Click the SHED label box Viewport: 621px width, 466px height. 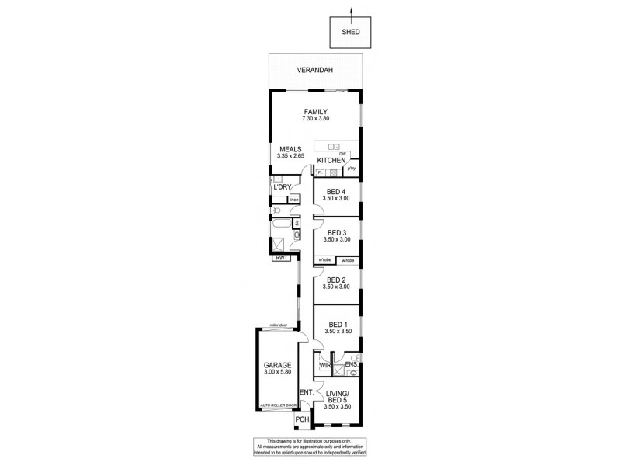tap(352, 33)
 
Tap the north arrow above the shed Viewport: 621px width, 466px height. tap(352, 10)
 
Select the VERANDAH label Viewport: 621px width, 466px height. tap(315, 71)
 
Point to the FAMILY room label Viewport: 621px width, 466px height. tap(315, 111)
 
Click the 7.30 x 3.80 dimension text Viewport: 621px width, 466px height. tap(315, 120)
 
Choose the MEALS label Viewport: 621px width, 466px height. tap(291, 149)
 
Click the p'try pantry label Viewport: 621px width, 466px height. tap(351, 169)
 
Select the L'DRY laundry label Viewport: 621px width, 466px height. tap(280, 189)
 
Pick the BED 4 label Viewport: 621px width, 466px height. tap(336, 191)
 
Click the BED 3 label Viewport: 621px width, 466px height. tap(336, 232)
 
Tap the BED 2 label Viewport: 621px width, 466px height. tap(336, 280)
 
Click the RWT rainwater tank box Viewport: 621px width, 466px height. tap(280, 259)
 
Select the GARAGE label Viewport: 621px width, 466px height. tap(276, 364)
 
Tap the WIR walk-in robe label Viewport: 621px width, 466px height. tap(325, 364)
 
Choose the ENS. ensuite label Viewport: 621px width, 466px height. tap(352, 364)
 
